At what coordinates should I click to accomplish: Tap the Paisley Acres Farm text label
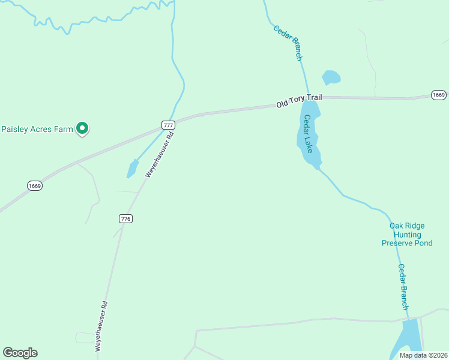(x=37, y=128)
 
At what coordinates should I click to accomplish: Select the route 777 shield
(x=168, y=125)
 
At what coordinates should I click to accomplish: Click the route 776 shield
(x=125, y=218)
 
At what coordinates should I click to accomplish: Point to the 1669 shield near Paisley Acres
(x=35, y=186)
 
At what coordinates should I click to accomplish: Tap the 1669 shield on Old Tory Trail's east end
(x=439, y=95)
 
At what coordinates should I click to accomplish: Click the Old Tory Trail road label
(x=299, y=100)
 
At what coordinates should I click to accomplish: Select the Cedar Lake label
(x=309, y=133)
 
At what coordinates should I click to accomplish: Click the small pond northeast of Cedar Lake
(x=331, y=77)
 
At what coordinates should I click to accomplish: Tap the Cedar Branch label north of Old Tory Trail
(x=288, y=43)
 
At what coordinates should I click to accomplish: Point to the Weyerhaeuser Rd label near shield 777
(x=159, y=154)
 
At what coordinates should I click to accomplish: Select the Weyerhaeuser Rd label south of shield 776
(x=102, y=325)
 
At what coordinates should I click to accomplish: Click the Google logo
(x=20, y=353)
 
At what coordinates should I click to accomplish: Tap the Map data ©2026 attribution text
(x=423, y=355)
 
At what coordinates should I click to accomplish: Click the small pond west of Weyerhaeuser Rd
(x=133, y=169)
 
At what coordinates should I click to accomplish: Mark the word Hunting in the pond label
(x=407, y=235)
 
